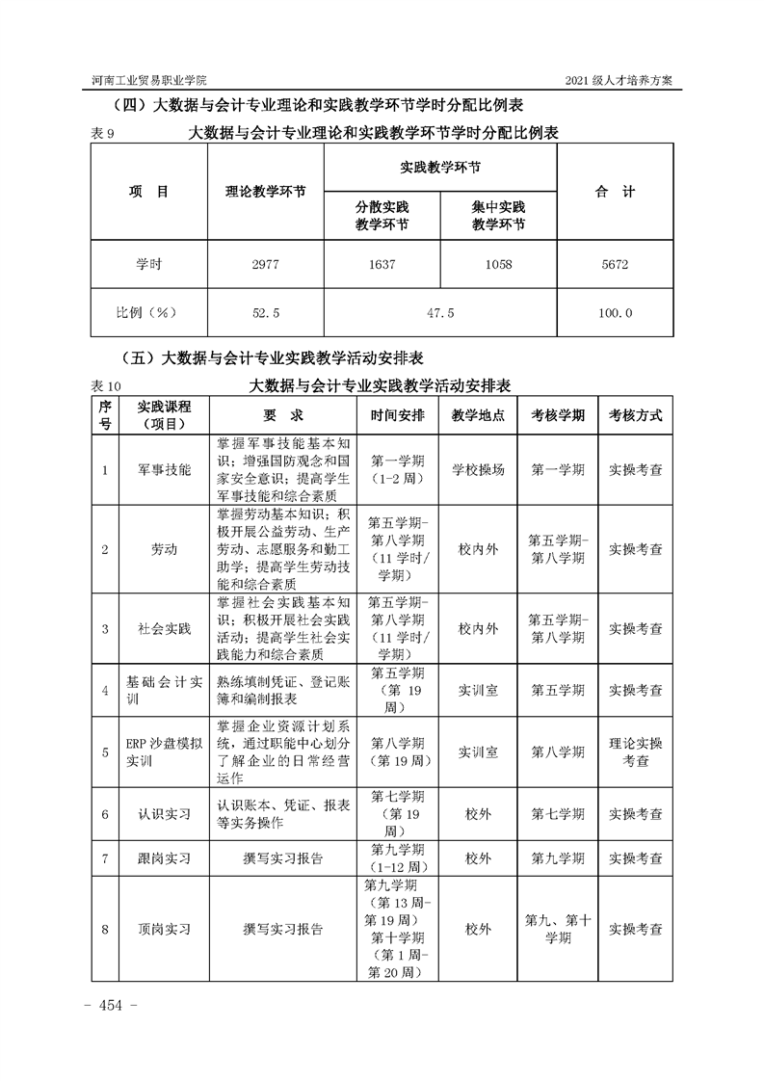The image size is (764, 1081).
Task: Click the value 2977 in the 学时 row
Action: [265, 265]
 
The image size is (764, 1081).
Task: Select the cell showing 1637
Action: [382, 265]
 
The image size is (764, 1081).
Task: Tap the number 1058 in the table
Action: [498, 265]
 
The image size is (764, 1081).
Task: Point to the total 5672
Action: [615, 265]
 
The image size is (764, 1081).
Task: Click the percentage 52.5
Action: [265, 313]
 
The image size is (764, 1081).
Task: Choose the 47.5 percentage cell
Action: [440, 313]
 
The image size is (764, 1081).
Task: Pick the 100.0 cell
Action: [615, 313]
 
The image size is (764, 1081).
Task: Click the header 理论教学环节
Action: [265, 192]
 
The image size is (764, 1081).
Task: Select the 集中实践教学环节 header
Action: [498, 215]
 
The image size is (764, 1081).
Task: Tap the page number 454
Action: [113, 1006]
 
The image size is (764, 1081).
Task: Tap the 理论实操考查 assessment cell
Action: [635, 751]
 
